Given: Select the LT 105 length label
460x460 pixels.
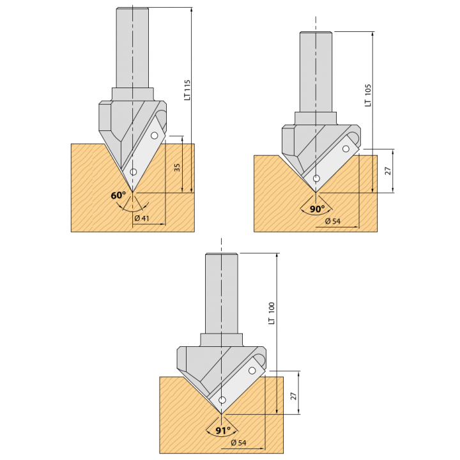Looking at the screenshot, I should coord(368,96).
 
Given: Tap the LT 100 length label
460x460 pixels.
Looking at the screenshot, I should coord(272,313).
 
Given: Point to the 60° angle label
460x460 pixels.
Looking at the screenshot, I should coord(118,195).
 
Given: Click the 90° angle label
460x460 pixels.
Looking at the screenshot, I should coord(318,208).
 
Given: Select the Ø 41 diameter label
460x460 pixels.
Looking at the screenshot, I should coord(141,219).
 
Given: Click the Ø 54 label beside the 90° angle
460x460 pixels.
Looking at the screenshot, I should coord(332,221).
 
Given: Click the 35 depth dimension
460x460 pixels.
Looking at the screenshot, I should coord(177,167).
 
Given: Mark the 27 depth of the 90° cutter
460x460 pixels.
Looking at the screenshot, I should coord(388,171).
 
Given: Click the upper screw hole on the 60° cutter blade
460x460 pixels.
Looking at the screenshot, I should coord(154,135).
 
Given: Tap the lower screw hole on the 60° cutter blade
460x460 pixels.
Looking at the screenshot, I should coord(133,172).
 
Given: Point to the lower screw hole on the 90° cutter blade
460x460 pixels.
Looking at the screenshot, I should coord(316,178).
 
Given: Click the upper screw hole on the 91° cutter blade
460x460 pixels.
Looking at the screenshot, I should coord(252,371).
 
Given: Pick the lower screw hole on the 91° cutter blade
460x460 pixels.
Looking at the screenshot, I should coord(222,400).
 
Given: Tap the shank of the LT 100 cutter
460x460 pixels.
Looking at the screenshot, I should coord(221,294).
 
